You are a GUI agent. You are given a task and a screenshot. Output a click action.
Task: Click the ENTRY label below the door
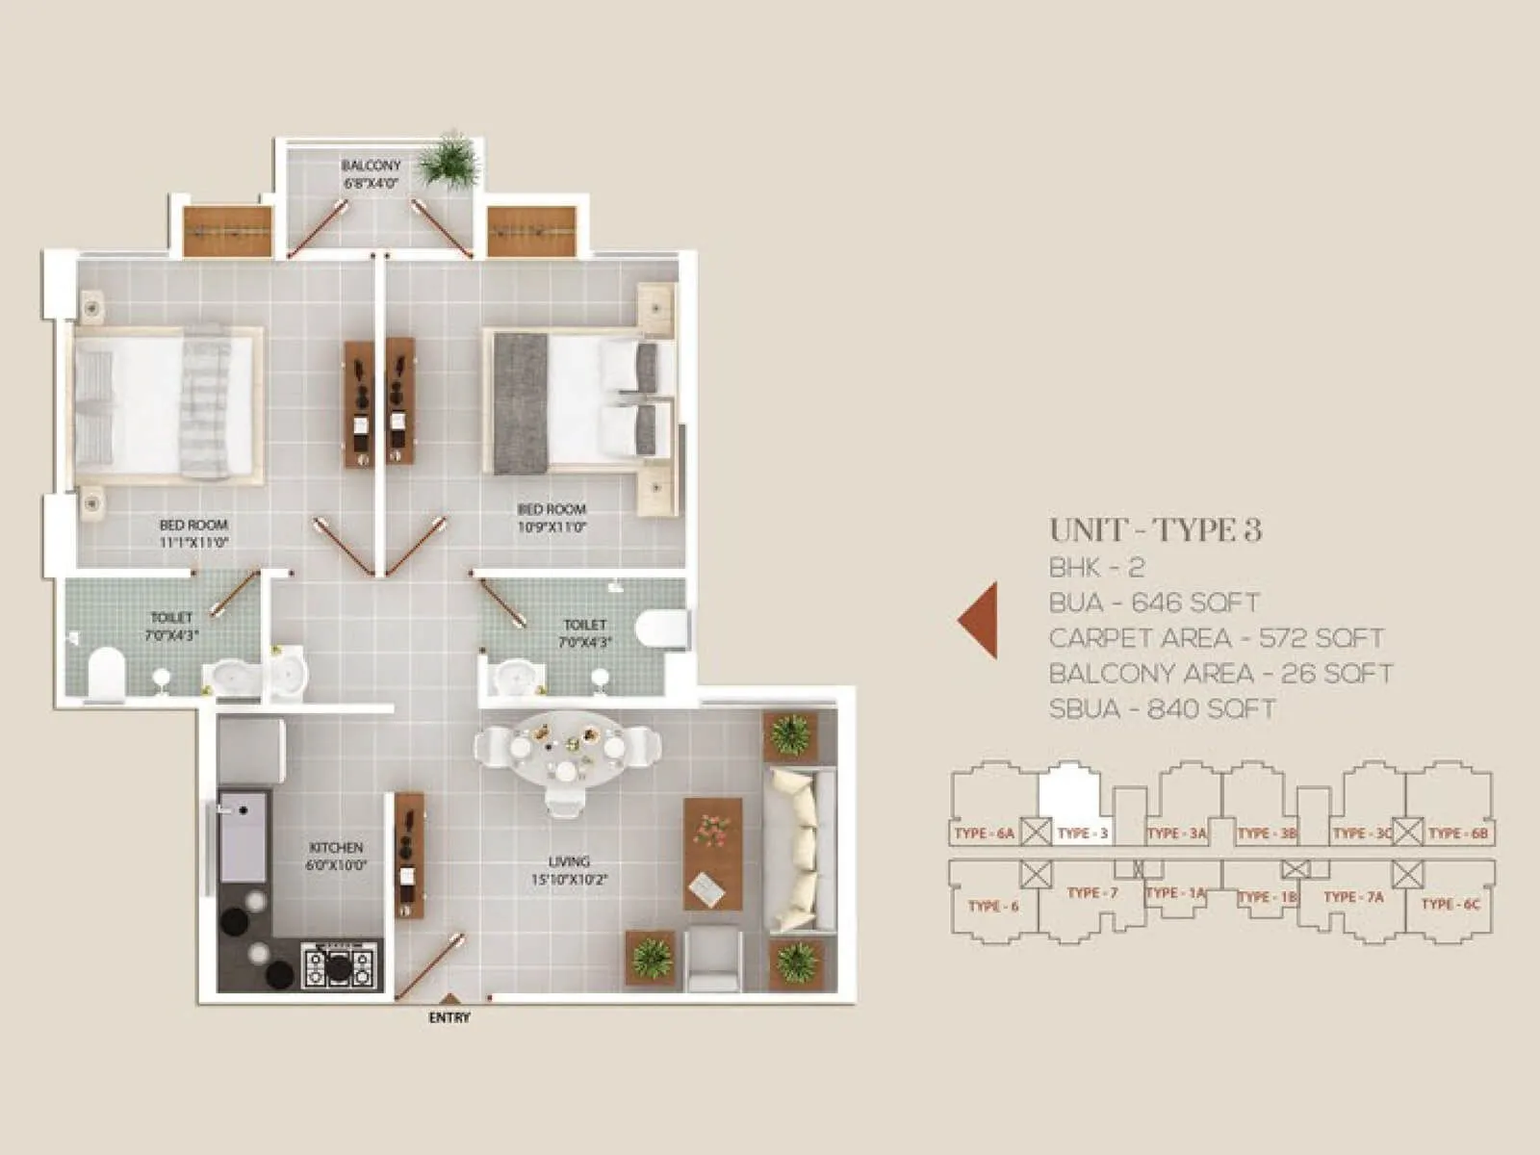click(449, 1017)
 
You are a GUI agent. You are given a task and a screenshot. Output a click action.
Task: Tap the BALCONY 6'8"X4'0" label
click(371, 174)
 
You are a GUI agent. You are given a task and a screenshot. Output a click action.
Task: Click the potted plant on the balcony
click(449, 160)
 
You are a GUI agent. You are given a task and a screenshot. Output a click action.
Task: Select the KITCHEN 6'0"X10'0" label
click(336, 856)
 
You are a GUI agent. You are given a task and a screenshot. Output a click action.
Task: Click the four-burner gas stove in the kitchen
click(338, 964)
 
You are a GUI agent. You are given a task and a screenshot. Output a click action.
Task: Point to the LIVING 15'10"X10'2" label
click(569, 870)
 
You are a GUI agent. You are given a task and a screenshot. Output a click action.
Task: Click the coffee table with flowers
click(712, 853)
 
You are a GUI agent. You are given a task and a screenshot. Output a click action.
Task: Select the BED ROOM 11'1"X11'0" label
click(193, 533)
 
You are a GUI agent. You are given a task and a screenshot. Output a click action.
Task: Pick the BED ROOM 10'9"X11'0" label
click(552, 518)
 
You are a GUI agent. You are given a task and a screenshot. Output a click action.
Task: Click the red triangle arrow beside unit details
click(979, 620)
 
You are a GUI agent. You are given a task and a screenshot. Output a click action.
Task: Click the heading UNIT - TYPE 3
click(1155, 530)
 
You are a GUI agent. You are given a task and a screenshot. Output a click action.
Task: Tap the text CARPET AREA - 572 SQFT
click(1216, 638)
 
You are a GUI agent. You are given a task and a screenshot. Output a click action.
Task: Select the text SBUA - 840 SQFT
click(1162, 709)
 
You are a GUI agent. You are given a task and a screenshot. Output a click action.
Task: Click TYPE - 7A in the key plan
click(1352, 897)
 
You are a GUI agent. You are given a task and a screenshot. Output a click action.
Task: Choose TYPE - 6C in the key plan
click(1450, 904)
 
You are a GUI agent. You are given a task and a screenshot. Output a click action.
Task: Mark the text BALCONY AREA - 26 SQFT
click(1220, 674)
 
